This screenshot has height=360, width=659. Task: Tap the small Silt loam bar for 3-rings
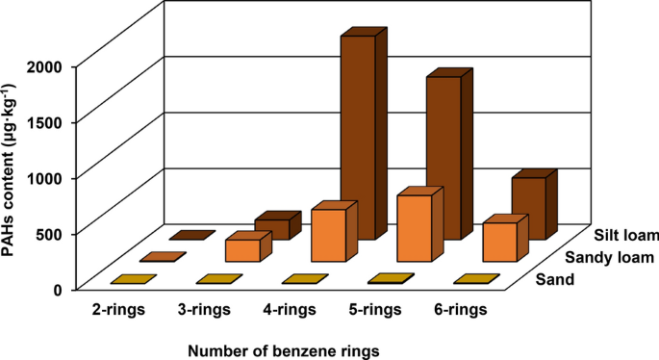tap(271, 228)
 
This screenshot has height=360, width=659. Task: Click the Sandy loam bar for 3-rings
tap(242, 249)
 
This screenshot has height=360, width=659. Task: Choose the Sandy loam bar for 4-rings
tap(328, 235)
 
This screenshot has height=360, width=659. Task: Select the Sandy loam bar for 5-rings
tap(414, 227)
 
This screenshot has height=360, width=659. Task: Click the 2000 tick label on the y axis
tap(46, 66)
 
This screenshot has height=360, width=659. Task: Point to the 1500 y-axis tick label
tap(46, 122)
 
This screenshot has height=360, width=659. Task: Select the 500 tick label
tap(51, 233)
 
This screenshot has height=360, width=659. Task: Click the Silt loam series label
tap(625, 236)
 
